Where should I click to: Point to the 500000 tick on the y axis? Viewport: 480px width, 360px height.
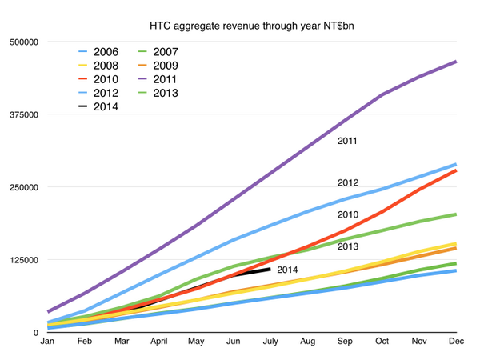24,42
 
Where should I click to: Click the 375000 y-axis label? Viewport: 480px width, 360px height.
24,114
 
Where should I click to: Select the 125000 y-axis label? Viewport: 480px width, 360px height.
24,260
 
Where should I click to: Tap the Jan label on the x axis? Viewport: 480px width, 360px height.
47,342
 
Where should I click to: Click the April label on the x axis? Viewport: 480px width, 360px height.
159,342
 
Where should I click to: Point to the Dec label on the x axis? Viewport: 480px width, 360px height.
456,342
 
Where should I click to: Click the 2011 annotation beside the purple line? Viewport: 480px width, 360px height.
346,142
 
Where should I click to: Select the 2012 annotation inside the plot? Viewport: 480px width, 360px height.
346,183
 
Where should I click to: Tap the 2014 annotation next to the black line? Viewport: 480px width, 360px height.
287,270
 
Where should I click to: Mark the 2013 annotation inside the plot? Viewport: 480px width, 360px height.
346,246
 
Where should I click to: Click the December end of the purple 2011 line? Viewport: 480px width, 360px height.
456,62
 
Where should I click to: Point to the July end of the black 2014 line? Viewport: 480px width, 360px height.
270,269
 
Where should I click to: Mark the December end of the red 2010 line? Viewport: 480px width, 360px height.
456,170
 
